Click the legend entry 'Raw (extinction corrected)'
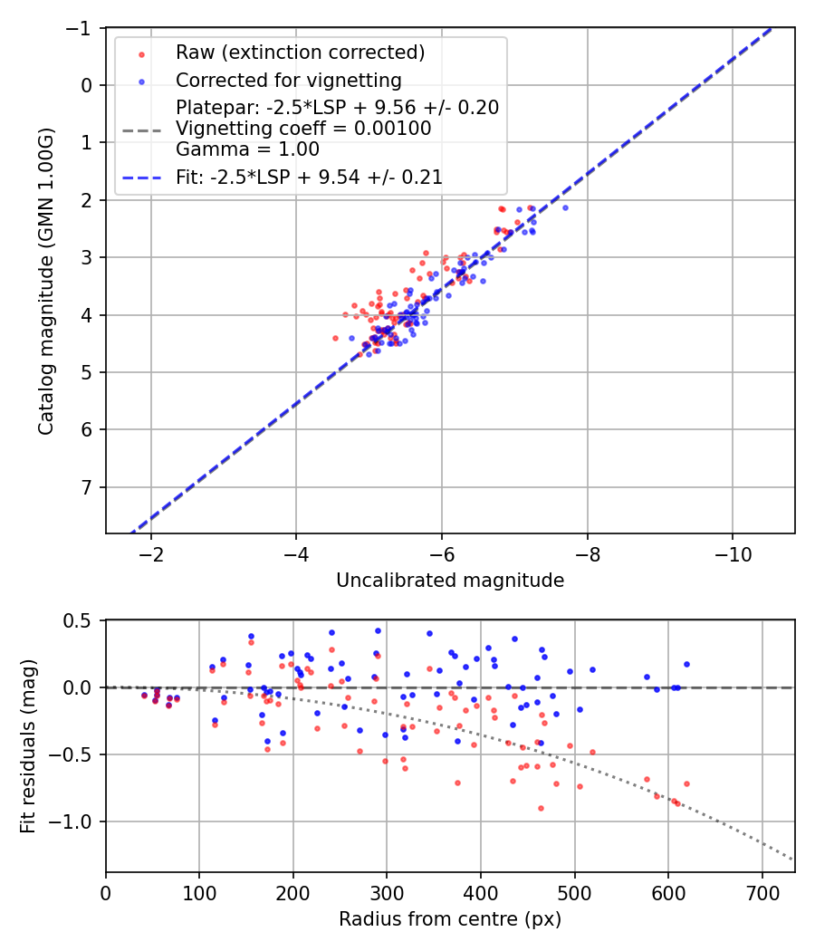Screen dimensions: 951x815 (x=300, y=53)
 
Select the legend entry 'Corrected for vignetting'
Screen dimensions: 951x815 (x=288, y=80)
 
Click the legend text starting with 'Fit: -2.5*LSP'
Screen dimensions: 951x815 (x=309, y=178)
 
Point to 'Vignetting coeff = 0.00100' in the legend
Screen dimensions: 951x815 (x=303, y=129)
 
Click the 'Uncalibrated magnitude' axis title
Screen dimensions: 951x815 (x=450, y=581)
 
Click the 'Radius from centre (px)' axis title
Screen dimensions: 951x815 (x=450, y=919)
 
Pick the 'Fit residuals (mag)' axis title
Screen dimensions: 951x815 (x=28, y=746)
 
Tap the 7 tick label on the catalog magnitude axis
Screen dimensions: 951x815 (x=87, y=487)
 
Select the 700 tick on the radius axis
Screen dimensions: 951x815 (x=762, y=893)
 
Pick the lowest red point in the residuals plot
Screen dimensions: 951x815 (x=541, y=808)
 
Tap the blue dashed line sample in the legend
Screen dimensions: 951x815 (x=142, y=178)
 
